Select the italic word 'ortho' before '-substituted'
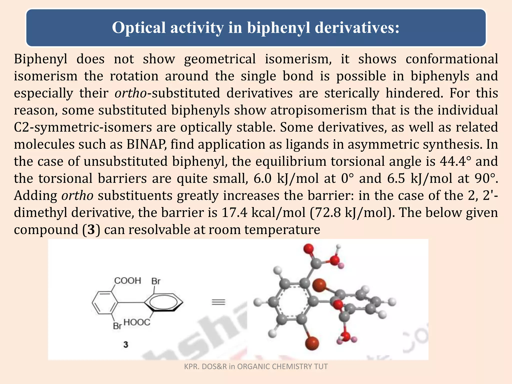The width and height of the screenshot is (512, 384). click(130, 93)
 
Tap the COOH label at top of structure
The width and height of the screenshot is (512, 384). click(127, 281)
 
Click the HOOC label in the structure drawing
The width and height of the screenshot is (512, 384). click(137, 322)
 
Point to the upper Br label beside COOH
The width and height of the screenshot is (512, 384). click(156, 281)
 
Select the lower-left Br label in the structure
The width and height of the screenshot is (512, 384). click(117, 326)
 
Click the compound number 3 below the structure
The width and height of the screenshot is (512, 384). click(126, 345)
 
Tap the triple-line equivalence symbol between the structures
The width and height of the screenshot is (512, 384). click(218, 302)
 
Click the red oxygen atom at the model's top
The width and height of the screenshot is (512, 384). click(309, 248)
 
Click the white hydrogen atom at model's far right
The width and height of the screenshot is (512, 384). click(392, 302)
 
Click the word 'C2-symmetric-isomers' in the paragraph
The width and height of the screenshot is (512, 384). click(83, 127)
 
